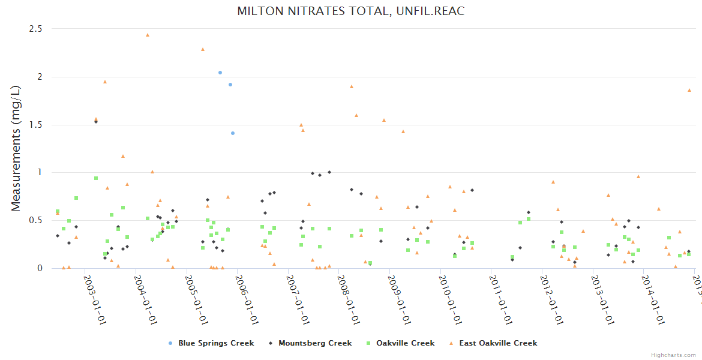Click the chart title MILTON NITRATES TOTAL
(350, 11)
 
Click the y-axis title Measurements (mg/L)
(16, 148)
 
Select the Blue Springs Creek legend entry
(215, 343)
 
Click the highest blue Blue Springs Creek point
(220, 73)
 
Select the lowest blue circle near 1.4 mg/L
(233, 133)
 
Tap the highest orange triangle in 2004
(148, 35)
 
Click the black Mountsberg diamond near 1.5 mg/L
(95, 122)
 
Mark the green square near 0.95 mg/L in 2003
(96, 178)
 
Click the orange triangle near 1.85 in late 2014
(689, 90)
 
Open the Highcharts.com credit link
(673, 355)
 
